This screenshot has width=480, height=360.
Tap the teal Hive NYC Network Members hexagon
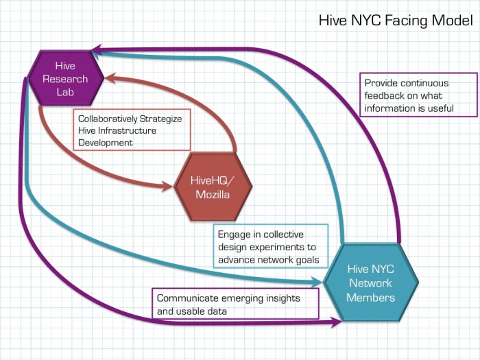(370, 283)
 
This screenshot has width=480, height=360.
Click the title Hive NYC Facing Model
(395, 21)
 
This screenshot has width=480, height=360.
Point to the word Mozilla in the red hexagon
(211, 194)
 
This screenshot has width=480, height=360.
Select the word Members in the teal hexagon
(370, 297)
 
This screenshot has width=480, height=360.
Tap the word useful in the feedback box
(440, 108)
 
